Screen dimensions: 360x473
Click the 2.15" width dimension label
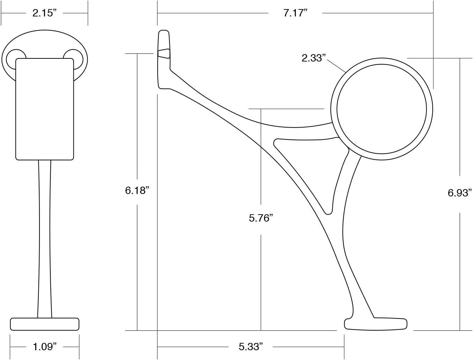44,13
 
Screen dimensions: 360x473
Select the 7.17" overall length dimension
295,13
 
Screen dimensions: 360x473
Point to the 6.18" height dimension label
137,190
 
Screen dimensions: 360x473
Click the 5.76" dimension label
261,218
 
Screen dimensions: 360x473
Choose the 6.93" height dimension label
460,192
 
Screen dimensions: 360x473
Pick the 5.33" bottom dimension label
251,347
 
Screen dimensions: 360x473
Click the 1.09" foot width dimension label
44,347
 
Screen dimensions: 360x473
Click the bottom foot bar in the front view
44,324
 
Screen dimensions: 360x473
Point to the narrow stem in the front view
44,238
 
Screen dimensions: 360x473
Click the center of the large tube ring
381,109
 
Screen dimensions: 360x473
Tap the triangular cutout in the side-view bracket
308,164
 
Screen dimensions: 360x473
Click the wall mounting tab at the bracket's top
164,59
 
